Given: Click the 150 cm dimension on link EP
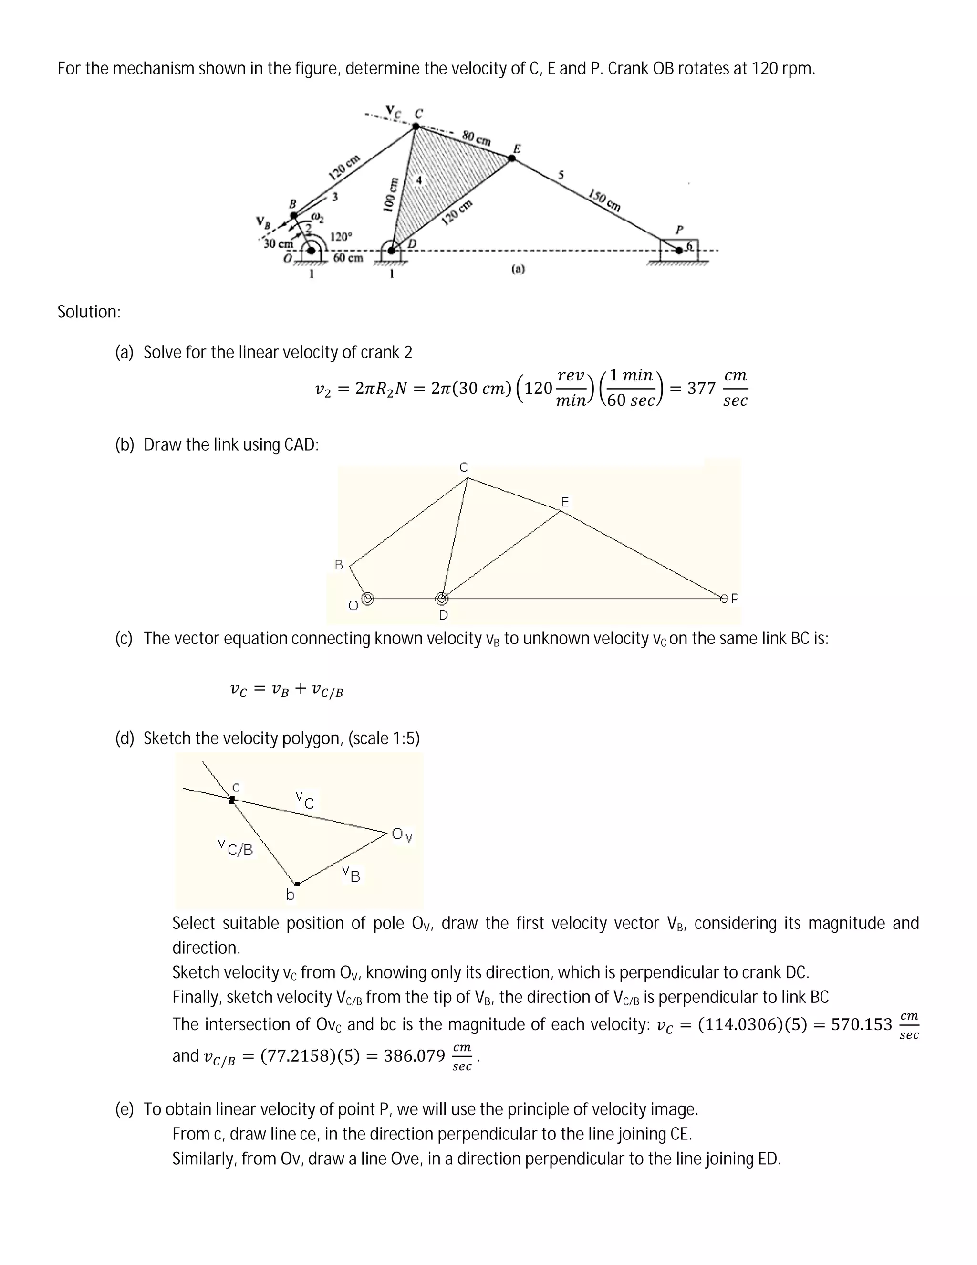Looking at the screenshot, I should [x=604, y=200].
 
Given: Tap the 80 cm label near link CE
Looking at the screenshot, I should [x=477, y=138].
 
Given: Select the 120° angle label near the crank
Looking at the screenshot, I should [x=340, y=236].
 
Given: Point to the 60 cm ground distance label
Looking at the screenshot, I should [x=348, y=257].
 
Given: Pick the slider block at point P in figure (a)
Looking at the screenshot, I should [x=679, y=249].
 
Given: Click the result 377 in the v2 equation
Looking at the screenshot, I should [x=701, y=388].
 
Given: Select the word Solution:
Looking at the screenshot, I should [x=89, y=312].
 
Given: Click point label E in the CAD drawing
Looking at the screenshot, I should [x=565, y=502].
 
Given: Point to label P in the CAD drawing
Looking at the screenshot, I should [x=735, y=598].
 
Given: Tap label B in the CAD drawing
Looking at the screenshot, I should [x=339, y=564].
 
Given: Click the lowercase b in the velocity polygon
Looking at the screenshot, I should [x=291, y=895].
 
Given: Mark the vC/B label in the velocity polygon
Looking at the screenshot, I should [x=236, y=849].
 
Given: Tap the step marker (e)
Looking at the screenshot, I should [x=125, y=1109].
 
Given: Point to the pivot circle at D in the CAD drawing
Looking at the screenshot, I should [x=442, y=598].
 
